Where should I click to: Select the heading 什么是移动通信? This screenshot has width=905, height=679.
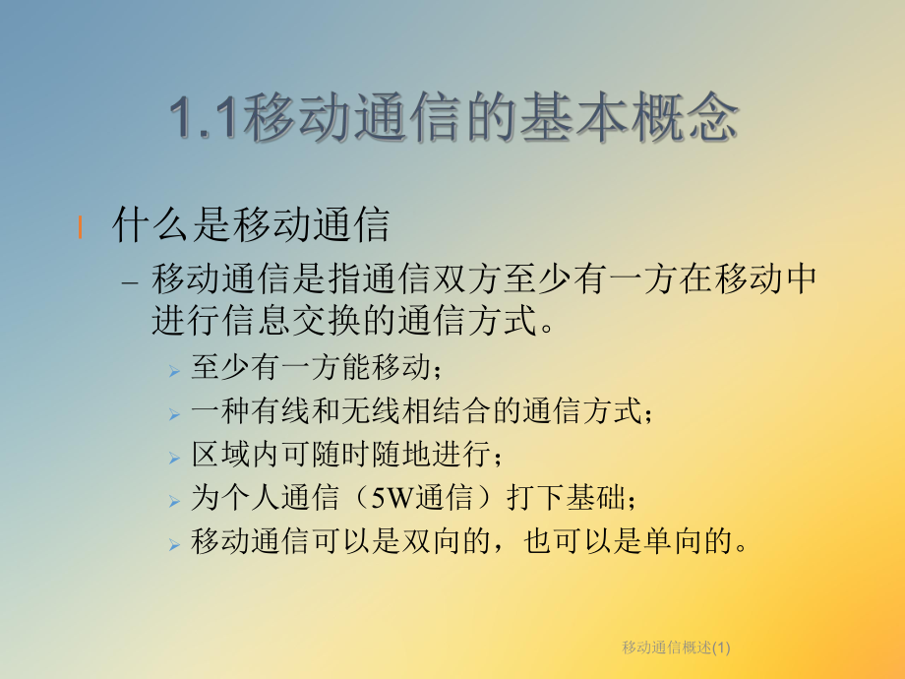(252, 225)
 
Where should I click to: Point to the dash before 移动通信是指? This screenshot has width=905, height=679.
(134, 281)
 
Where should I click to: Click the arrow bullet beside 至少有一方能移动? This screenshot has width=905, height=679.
(173, 371)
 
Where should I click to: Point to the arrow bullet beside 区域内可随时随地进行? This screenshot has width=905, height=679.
(173, 458)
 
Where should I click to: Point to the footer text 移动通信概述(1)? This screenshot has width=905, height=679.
(678, 647)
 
